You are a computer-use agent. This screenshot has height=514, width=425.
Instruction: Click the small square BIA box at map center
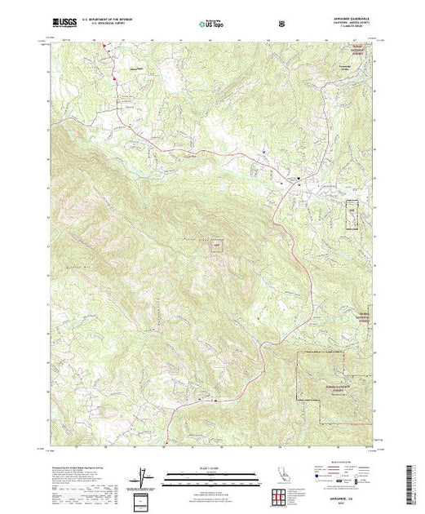217,244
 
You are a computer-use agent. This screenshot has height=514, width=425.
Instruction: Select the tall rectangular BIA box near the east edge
352,211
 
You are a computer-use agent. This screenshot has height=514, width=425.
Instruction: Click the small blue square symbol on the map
264,152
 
